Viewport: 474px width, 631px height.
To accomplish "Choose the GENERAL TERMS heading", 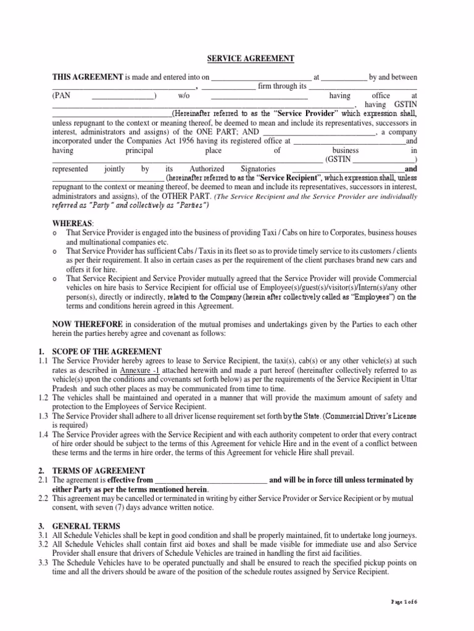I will coord(86,526).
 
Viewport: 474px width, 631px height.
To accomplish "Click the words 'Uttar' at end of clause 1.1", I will coord(407,380).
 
